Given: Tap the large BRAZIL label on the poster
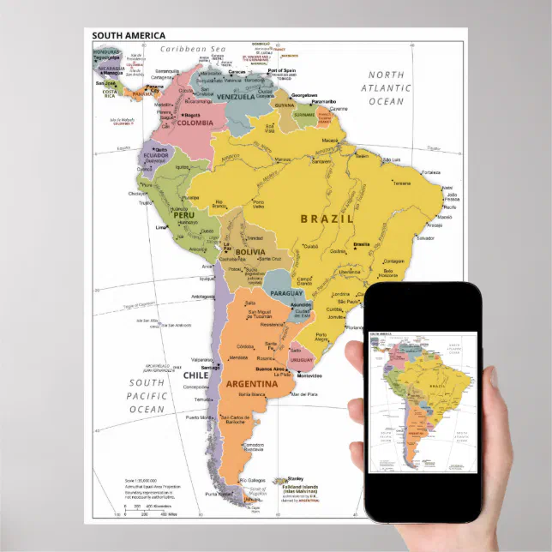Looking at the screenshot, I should point(327,219).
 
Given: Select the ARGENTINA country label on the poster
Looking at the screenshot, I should point(251,385).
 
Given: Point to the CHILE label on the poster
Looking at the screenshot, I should point(196,375).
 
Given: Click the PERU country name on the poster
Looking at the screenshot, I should point(162,213).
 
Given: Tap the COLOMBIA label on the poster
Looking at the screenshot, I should point(195,123).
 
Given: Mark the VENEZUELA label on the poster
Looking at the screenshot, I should point(236,97).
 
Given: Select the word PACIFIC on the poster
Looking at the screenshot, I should point(147,396).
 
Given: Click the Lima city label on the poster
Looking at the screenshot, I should point(159,228).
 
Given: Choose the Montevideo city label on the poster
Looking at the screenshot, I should point(309,375).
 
